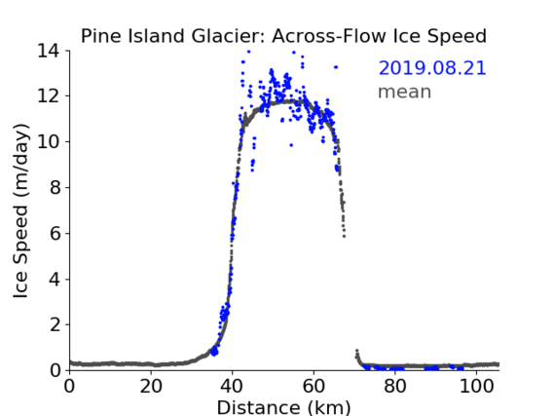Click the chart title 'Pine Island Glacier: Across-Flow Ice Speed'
(283, 36)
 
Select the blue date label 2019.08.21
(432, 68)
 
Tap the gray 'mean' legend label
(405, 92)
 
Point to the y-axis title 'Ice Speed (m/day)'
(20, 211)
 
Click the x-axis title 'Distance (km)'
(283, 407)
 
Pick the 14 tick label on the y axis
(49, 51)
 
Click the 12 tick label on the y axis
(49, 96)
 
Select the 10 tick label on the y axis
(49, 141)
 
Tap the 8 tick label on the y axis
(55, 187)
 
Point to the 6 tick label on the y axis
(55, 233)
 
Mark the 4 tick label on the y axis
(55, 280)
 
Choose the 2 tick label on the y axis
(55, 324)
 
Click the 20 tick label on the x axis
(151, 387)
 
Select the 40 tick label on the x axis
(233, 387)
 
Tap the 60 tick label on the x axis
(314, 387)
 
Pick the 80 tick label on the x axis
(395, 387)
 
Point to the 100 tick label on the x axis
(476, 387)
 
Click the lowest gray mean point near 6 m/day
(344, 236)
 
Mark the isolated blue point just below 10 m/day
(291, 145)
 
